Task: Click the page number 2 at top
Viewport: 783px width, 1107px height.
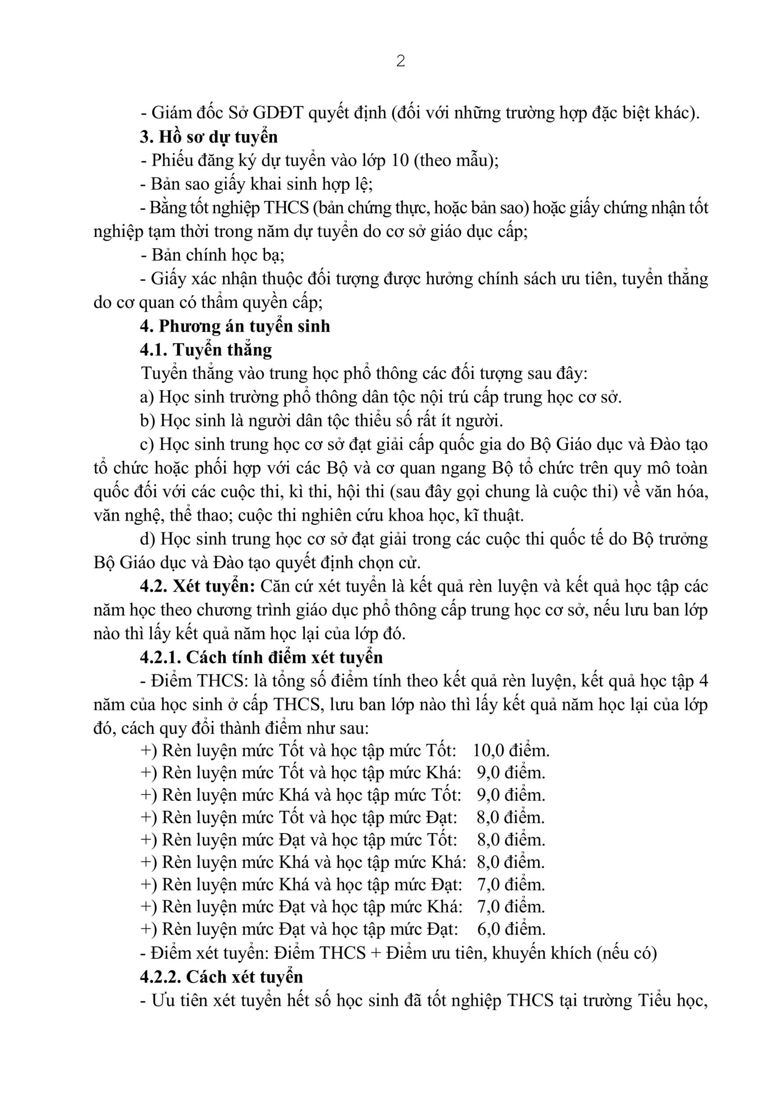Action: tap(400, 61)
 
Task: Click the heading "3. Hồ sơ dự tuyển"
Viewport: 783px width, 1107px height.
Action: tap(209, 137)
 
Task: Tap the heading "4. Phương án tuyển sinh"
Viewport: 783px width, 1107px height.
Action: tap(235, 326)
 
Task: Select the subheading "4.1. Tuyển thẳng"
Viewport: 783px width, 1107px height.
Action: tap(206, 349)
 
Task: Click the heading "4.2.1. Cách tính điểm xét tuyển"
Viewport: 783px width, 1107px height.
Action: tap(261, 657)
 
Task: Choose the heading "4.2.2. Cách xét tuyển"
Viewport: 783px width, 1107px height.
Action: tap(221, 977)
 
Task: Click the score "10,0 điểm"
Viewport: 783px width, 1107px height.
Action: tap(511, 751)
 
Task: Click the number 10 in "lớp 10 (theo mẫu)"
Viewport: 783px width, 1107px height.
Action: tap(400, 160)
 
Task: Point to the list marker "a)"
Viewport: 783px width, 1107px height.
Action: tap(147, 397)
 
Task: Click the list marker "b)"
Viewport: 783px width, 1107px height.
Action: tap(147, 420)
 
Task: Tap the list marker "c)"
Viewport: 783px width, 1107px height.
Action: tap(147, 444)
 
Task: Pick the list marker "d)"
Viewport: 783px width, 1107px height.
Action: tap(147, 539)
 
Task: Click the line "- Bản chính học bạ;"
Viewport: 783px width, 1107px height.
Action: tap(212, 255)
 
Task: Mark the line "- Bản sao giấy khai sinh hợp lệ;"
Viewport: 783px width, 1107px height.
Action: tap(256, 184)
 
